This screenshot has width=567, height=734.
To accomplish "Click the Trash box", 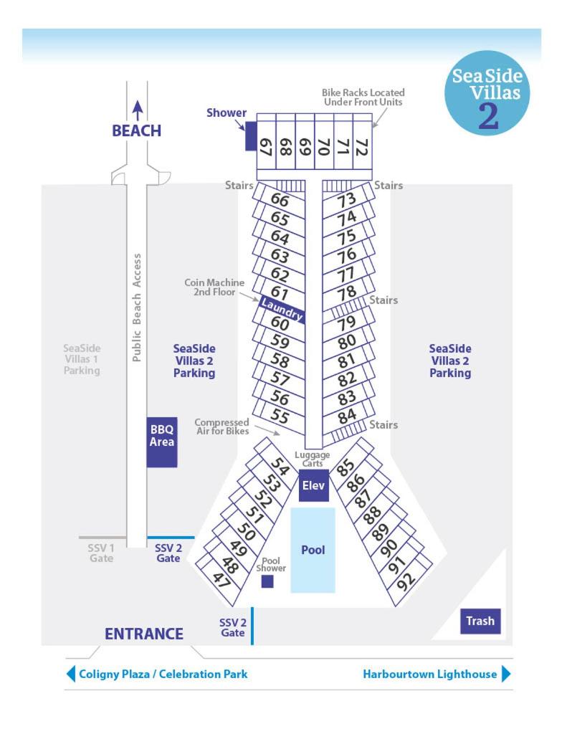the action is [x=480, y=621].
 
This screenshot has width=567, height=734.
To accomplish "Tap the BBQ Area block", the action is [x=162, y=442].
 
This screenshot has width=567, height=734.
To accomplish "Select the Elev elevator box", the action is [x=314, y=485].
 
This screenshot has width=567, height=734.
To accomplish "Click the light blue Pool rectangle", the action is [x=313, y=550].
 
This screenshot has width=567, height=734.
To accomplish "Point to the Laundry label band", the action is [x=282, y=310].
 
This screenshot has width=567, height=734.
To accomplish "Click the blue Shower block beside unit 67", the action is [x=251, y=136].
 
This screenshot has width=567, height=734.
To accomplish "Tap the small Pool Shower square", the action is [x=267, y=581].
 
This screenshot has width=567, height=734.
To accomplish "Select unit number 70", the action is [x=324, y=146].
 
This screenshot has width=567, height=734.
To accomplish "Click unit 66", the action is [x=280, y=200].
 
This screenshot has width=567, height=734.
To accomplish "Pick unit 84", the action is [x=347, y=416].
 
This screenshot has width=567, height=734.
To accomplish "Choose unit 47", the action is [x=221, y=581].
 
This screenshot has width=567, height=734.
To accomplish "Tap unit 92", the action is [x=406, y=581].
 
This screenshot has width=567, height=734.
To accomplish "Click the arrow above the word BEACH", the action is [x=137, y=110].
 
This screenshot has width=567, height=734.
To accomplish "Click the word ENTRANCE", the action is [x=144, y=634].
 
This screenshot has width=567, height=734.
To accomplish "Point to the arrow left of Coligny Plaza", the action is [x=71, y=674].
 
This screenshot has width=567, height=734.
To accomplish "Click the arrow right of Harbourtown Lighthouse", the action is [x=506, y=674].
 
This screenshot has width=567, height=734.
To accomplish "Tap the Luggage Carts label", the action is [x=313, y=459].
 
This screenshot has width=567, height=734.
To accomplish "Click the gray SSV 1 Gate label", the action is [x=101, y=553].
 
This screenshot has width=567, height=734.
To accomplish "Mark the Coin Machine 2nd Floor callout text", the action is [x=214, y=287].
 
